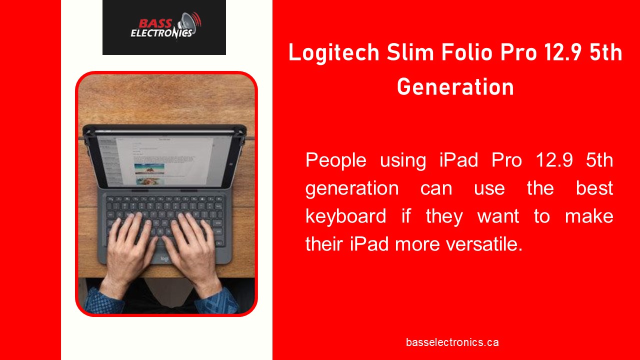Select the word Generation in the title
pos(455,87)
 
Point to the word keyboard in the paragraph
pos(345,216)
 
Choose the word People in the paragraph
pos(335,160)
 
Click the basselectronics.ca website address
pos(452,342)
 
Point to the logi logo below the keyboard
pos(164,258)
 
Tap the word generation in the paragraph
pos(352,188)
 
